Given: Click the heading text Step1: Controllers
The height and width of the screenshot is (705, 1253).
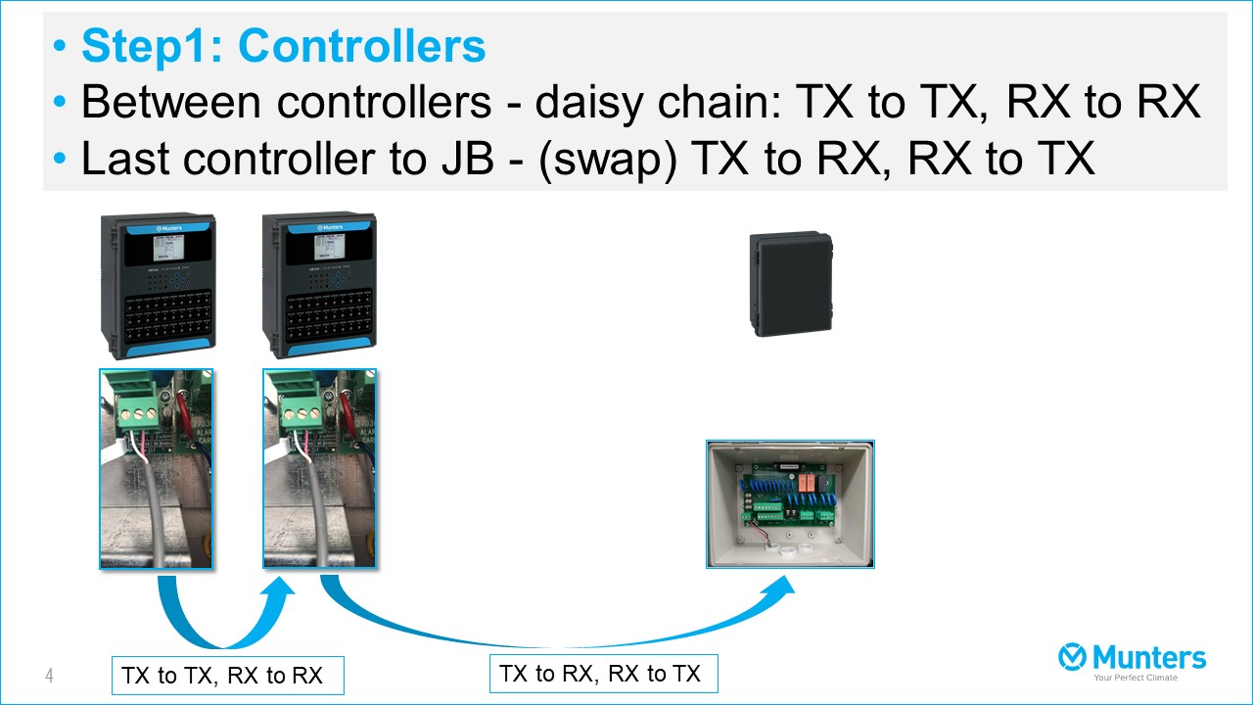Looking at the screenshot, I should click(283, 46).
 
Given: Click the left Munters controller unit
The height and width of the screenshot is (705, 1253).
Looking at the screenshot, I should click(158, 286).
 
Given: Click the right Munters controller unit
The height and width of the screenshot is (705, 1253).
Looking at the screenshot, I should click(319, 286).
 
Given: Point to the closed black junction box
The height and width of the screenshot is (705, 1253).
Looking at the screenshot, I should click(790, 284).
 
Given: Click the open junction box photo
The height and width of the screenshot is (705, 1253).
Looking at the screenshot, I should click(790, 504).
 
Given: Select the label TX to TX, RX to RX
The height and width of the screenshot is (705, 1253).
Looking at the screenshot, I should click(227, 676).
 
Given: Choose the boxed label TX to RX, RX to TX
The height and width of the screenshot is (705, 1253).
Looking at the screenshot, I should click(603, 674).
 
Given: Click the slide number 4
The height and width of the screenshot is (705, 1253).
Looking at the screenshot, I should click(49, 676).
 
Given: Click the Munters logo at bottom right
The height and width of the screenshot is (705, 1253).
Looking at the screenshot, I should click(1132, 658).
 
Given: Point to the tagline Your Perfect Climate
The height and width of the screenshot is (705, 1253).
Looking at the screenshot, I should click(1136, 678).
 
